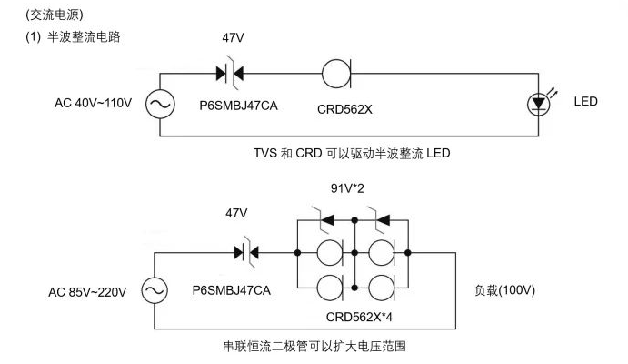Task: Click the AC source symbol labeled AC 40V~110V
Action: (161, 104)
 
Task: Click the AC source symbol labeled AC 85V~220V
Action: (154, 291)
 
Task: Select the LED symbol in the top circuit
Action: (539, 104)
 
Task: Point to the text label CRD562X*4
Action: (364, 317)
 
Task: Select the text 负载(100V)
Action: (504, 292)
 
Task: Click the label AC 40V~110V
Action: (93, 102)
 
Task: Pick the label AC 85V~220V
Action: (87, 292)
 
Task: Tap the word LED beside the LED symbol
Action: (586, 101)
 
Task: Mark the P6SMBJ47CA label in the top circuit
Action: (239, 106)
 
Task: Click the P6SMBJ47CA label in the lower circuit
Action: (233, 289)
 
